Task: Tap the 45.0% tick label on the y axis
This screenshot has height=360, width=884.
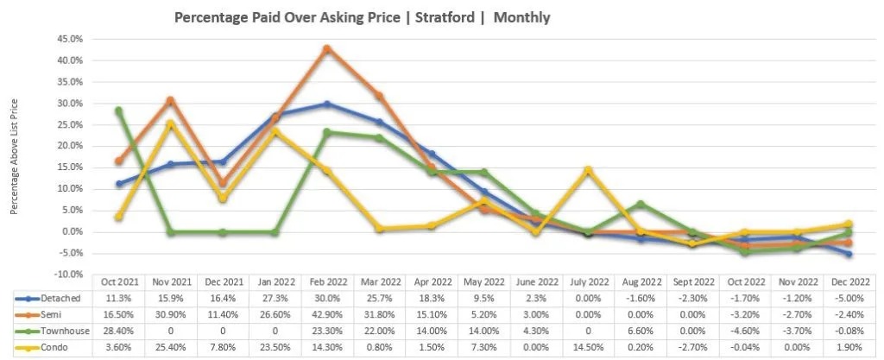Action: tap(71, 39)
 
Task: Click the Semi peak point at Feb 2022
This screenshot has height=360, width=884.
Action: tap(326, 48)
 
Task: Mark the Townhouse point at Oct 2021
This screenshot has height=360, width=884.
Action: tap(119, 111)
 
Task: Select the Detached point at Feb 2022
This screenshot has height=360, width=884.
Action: tap(326, 104)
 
